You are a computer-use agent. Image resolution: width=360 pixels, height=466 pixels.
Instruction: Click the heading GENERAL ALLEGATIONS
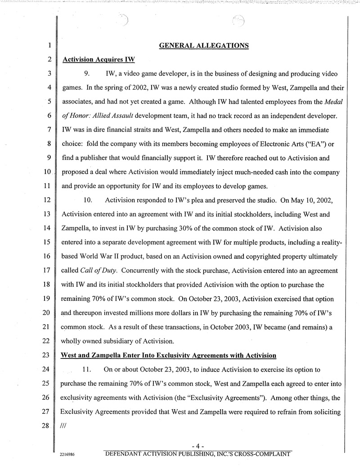coord(204,45)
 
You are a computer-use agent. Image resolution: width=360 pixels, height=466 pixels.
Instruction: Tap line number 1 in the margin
coord(47,46)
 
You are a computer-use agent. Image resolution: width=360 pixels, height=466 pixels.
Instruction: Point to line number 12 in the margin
coord(46,199)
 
